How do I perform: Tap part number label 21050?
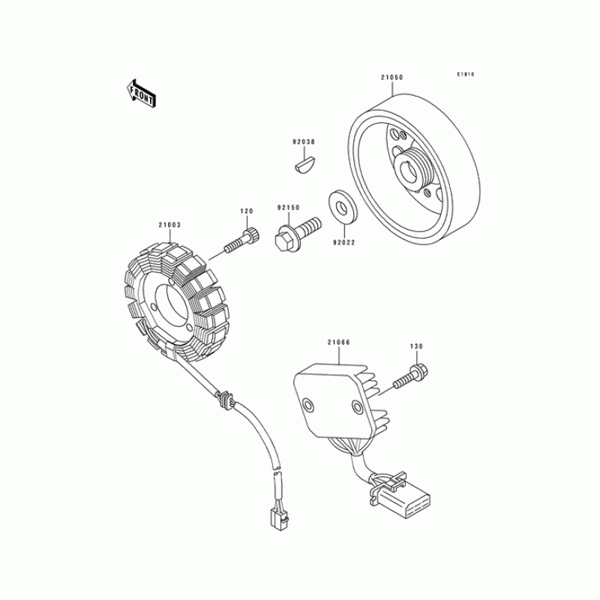pos(391,77)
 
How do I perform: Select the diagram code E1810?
pos(465,74)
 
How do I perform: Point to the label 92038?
pos(304,142)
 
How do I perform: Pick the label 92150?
pos(289,208)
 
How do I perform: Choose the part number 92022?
pos(344,242)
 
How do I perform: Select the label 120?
pos(247,211)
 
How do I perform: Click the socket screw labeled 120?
pos(241,239)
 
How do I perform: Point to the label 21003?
pos(169,225)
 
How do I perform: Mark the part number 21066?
pos(339,342)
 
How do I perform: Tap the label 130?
pos(416,346)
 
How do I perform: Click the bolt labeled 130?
pos(410,376)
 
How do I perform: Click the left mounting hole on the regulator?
pos(307,405)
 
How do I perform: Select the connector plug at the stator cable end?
pos(279,519)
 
